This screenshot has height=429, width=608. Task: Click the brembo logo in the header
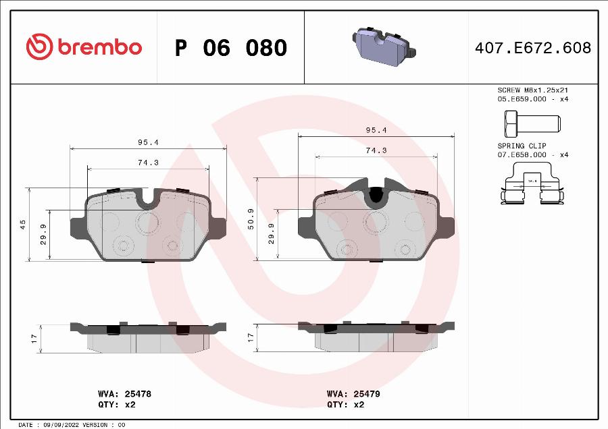(84, 47)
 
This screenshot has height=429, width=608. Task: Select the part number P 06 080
(231, 48)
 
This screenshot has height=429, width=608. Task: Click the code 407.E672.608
(534, 48)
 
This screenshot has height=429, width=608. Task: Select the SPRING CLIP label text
(522, 146)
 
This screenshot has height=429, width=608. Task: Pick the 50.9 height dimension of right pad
(251, 219)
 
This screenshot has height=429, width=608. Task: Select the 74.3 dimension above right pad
(376, 150)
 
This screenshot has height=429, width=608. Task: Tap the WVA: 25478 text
(120, 393)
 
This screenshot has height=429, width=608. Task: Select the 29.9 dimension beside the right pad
(271, 233)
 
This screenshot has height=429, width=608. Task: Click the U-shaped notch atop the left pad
(149, 196)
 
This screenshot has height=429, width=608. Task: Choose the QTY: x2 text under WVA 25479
(345, 405)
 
